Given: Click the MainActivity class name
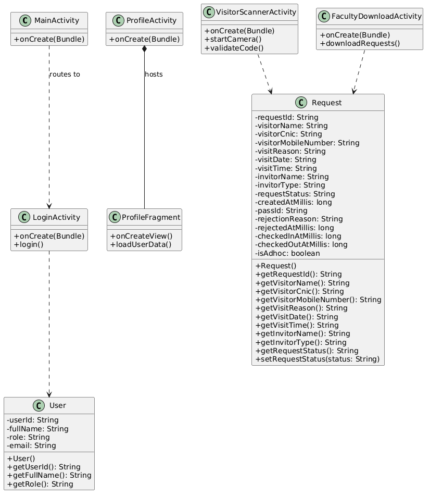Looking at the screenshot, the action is click(57, 21).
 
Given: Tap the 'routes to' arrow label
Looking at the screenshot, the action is click(65, 74).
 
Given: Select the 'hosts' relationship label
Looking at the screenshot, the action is click(154, 74).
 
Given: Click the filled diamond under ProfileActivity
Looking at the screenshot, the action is click(144, 49).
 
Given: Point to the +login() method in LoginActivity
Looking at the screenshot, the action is click(29, 245).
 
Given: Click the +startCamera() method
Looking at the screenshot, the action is click(233, 39).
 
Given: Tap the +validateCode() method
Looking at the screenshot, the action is click(234, 48).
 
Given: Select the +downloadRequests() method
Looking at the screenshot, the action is click(360, 43).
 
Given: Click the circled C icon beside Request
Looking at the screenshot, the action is click(301, 103).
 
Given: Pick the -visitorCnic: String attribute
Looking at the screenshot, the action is click(288, 134).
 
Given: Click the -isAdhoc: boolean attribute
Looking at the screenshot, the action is click(287, 253).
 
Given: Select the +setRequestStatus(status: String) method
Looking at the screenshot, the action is click(318, 359).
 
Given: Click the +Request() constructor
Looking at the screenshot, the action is click(276, 266).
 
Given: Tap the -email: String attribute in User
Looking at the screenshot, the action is click(31, 445).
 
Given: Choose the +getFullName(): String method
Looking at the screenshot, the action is click(49, 476).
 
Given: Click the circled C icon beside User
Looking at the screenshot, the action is click(39, 405).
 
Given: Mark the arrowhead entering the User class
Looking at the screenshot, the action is click(49, 394).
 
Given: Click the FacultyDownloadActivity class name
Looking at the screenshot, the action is click(376, 16).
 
